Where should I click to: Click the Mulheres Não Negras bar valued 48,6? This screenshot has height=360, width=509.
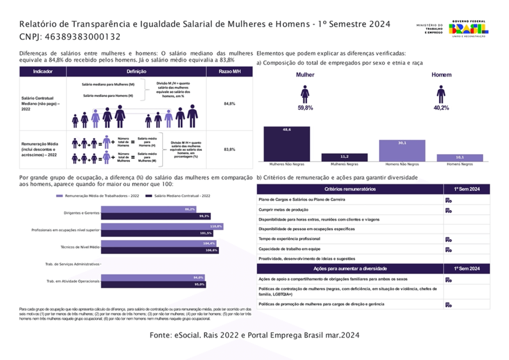[287, 144]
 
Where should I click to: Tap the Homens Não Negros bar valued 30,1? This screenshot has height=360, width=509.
[402, 150]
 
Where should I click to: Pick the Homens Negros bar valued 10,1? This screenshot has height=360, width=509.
[460, 158]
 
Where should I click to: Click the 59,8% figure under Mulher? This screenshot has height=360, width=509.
[305, 107]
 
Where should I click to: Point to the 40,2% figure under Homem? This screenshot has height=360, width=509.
[441, 107]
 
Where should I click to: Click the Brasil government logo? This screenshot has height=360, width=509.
[468, 29]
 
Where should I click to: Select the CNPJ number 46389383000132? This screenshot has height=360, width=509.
[83, 37]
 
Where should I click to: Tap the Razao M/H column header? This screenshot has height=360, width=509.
[229, 72]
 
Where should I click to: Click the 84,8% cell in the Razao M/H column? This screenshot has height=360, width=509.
[229, 103]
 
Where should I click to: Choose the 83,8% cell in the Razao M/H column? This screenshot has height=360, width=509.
[229, 149]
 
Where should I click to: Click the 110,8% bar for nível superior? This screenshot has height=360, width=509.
[162, 226]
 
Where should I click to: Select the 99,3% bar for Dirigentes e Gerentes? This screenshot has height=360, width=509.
[156, 216]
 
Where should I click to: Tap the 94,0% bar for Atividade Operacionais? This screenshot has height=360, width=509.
[153, 277]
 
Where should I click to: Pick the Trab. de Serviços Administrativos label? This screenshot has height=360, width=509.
[73, 264]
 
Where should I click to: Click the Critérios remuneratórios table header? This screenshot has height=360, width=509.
[350, 189]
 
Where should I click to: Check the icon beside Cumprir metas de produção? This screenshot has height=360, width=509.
[448, 210]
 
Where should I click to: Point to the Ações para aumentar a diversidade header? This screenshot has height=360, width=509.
[350, 269]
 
